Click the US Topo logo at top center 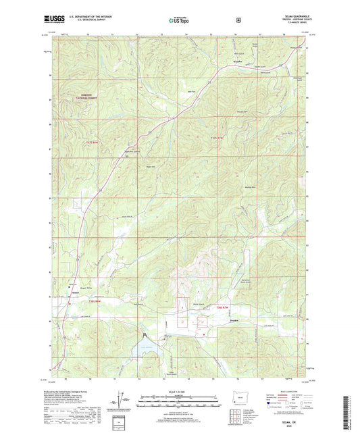179,21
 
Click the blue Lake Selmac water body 148,351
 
